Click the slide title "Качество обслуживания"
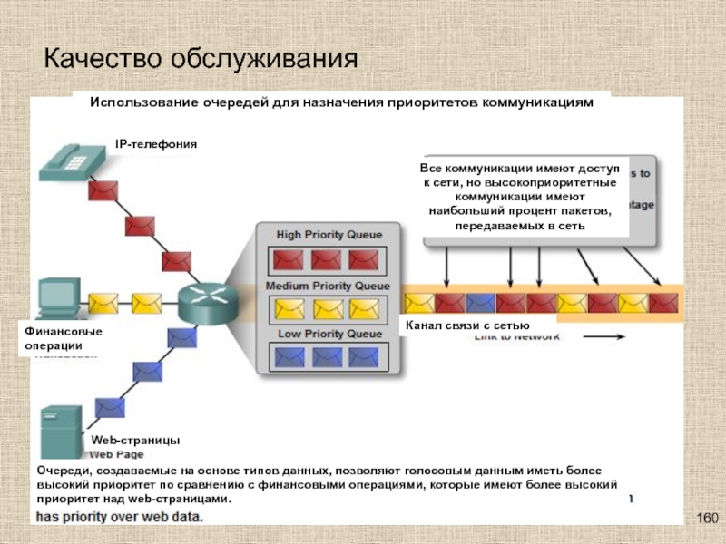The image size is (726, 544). pyautogui.click(x=201, y=59)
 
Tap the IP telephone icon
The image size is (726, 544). pyautogui.click(x=69, y=158)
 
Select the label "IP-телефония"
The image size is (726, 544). pyautogui.click(x=155, y=144)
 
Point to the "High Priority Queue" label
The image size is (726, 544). pyautogui.click(x=323, y=235)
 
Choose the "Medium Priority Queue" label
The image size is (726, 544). pyautogui.click(x=327, y=286)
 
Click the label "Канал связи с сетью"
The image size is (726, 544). pyautogui.click(x=466, y=325)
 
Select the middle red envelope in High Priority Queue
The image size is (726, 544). pyautogui.click(x=326, y=260)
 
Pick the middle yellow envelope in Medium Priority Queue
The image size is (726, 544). pyautogui.click(x=326, y=308)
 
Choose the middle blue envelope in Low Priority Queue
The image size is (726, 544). pyautogui.click(x=326, y=356)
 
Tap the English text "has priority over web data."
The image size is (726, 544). pyautogui.click(x=120, y=517)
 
